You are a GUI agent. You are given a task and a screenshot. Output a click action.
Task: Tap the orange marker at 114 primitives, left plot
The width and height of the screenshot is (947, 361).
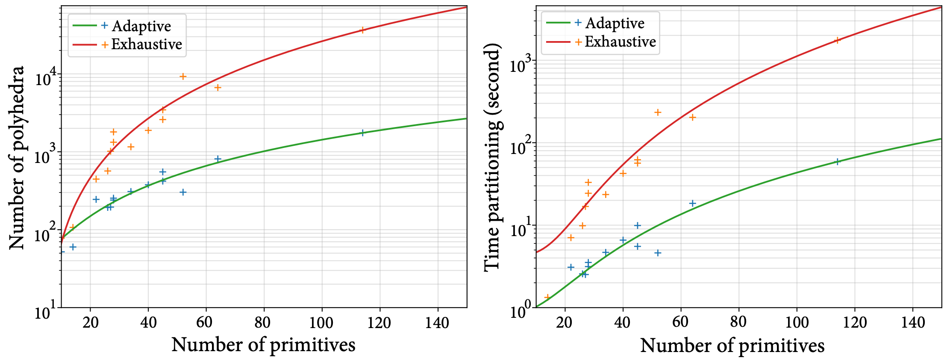coord(362,30)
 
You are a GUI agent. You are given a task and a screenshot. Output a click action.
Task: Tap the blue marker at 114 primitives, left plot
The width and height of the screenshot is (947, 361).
coord(362,133)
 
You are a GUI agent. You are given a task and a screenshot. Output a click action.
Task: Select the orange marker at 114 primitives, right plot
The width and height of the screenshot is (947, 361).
coord(837,40)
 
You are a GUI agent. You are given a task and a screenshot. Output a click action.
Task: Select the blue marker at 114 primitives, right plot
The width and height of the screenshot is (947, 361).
coord(837,161)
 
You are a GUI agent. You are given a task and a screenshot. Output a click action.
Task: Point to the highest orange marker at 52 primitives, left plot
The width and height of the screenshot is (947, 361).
coord(183,77)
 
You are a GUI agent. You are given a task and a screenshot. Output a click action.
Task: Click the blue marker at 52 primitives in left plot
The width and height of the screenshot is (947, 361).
coord(183,192)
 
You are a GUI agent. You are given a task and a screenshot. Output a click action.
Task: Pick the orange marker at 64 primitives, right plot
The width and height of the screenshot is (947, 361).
coord(693,117)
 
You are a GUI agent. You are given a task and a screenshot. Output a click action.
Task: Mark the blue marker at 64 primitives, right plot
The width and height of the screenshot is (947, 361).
coord(693,203)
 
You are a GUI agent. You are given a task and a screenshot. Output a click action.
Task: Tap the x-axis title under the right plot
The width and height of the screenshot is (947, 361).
coord(732,345)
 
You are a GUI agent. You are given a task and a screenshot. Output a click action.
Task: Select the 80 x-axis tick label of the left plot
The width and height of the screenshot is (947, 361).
coord(263,323)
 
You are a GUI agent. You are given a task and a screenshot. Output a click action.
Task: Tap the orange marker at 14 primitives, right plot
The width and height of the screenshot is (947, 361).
coord(547,297)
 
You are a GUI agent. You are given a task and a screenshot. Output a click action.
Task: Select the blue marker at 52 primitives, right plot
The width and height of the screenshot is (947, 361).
coord(658,253)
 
